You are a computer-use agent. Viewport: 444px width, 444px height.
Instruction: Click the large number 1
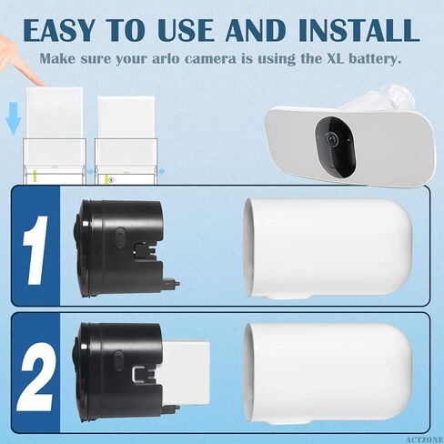[x=33, y=247]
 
